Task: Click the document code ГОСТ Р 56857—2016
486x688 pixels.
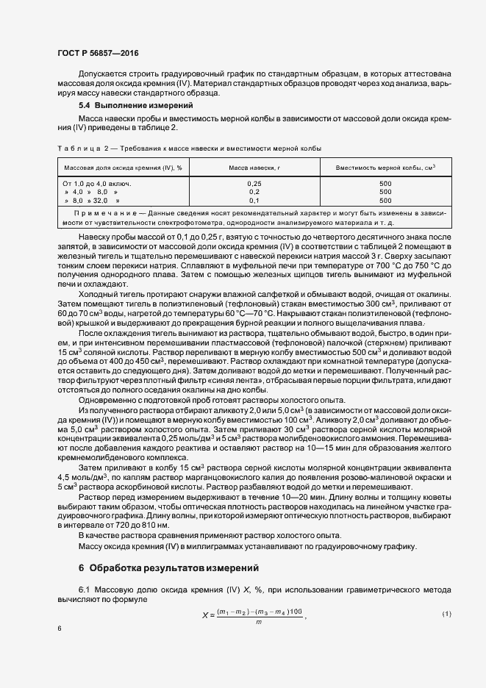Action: click(97, 53)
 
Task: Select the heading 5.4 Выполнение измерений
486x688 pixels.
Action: click(126, 107)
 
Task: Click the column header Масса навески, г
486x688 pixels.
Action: click(254, 168)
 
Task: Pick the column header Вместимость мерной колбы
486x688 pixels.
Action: click(385, 168)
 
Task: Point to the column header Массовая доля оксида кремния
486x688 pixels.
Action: click(123, 168)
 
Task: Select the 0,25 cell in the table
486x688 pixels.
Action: click(254, 183)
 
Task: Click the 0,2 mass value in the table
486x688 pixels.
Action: click(254, 191)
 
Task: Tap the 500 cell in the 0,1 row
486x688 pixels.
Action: click(385, 200)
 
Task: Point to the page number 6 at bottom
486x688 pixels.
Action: click(60, 628)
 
